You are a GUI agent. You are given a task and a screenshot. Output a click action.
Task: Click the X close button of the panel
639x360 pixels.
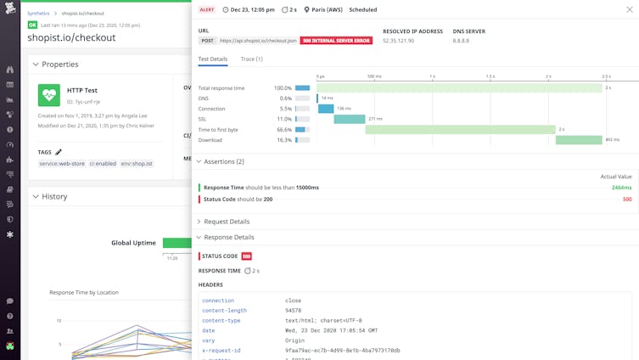coord(629,9)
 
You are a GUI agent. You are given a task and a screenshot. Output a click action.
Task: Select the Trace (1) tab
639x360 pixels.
coord(251,59)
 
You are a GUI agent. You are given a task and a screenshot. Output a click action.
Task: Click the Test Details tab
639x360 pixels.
coord(213,59)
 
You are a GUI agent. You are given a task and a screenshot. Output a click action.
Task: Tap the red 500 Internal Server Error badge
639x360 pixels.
coord(336,40)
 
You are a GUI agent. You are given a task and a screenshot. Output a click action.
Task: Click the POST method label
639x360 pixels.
coord(207,40)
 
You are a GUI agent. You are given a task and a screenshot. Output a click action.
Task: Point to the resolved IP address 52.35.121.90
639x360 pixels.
coord(399,40)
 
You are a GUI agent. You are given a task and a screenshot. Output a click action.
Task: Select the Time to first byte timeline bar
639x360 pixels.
coord(460,129)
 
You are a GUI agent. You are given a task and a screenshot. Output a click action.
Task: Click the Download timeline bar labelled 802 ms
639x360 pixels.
coord(579,140)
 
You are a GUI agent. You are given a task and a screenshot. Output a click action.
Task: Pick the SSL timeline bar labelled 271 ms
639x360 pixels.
coord(350,119)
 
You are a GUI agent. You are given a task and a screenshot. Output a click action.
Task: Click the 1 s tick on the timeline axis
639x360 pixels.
coord(433,76)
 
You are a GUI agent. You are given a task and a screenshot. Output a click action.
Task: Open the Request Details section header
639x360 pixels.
coord(227,222)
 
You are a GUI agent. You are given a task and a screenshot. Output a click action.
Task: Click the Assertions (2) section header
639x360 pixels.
coord(223,161)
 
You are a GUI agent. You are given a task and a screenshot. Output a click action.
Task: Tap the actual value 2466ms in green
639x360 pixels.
coord(621,187)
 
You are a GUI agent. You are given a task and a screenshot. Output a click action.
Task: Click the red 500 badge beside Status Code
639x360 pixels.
coord(246,256)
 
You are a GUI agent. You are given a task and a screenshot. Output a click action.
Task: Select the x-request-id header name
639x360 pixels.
coord(221,350)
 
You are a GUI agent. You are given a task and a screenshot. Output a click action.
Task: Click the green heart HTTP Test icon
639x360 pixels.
coord(49,95)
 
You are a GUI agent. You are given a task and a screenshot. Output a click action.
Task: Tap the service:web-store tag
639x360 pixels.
coord(62,164)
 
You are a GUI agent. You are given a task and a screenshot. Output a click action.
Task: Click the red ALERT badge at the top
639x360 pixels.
coord(207,9)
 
